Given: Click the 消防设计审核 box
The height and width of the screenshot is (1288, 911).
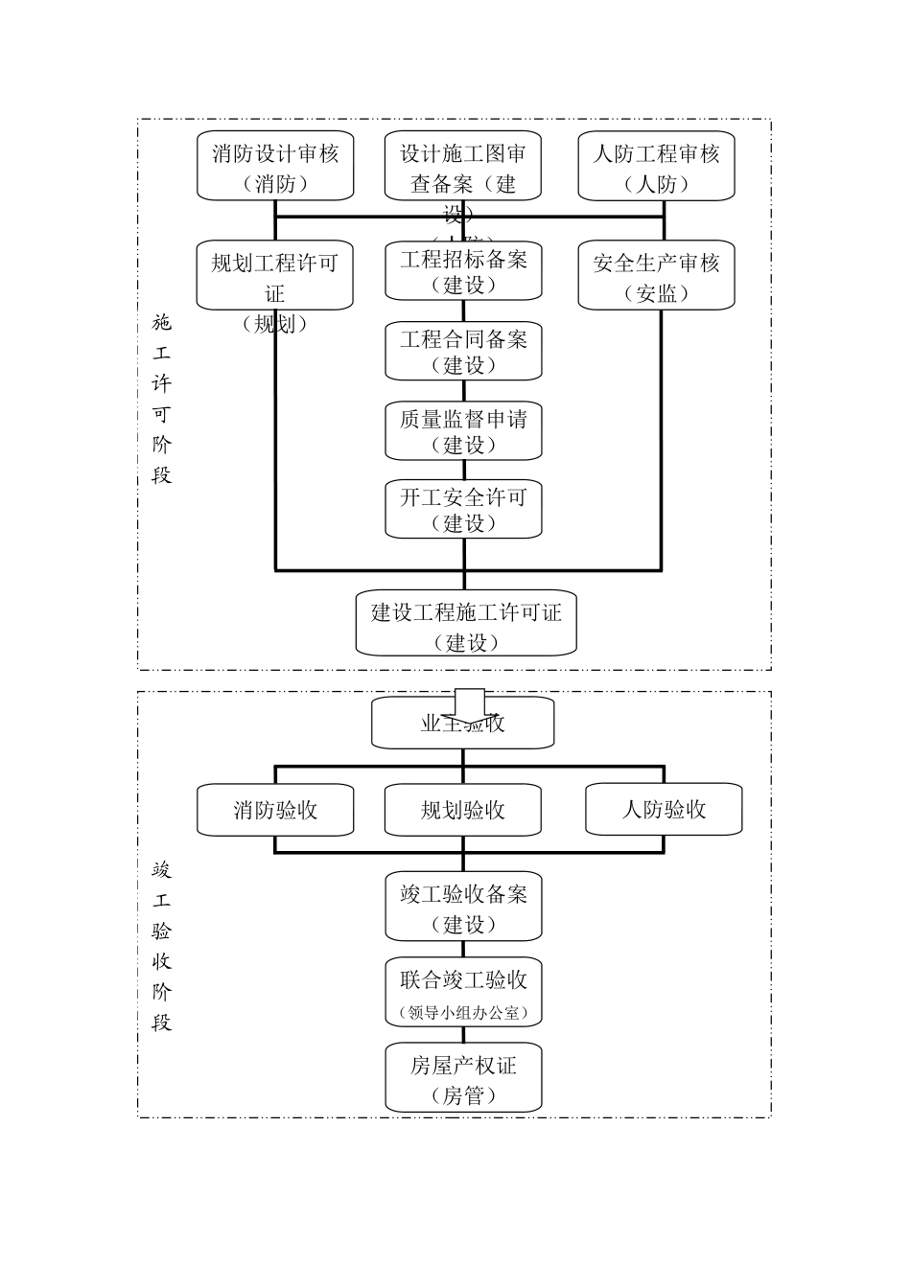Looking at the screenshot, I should [275, 166].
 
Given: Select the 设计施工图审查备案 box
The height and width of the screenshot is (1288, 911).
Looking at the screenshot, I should [463, 166].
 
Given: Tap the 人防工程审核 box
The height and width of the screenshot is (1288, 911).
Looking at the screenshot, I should [656, 166].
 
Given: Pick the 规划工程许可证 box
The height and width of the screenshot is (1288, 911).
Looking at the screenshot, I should [275, 275].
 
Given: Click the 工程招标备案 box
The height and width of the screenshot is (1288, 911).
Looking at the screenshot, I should [463, 271].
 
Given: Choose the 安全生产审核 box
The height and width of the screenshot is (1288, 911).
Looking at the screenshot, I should [656, 276].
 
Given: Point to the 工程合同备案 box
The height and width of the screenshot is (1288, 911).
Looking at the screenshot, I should [463, 352].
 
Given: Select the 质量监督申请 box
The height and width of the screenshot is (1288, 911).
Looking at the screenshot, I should [463, 431].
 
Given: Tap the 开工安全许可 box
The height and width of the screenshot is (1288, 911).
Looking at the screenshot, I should [463, 509].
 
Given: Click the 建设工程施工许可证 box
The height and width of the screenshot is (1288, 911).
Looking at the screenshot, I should [466, 624].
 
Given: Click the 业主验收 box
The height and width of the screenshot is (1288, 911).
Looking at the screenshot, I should [463, 724].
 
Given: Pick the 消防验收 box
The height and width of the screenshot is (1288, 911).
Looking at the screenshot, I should [275, 810].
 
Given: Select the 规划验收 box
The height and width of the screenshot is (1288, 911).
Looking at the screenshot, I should [463, 810].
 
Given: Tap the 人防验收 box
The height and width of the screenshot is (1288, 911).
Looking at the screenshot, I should [664, 810].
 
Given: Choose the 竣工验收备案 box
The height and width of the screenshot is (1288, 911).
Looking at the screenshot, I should [463, 907].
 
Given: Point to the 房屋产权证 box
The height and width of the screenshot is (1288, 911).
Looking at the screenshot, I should [463, 1078].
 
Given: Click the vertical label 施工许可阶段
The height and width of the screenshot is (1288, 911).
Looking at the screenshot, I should [161, 399].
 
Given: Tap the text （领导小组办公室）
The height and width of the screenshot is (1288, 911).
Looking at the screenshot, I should [463, 1012].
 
